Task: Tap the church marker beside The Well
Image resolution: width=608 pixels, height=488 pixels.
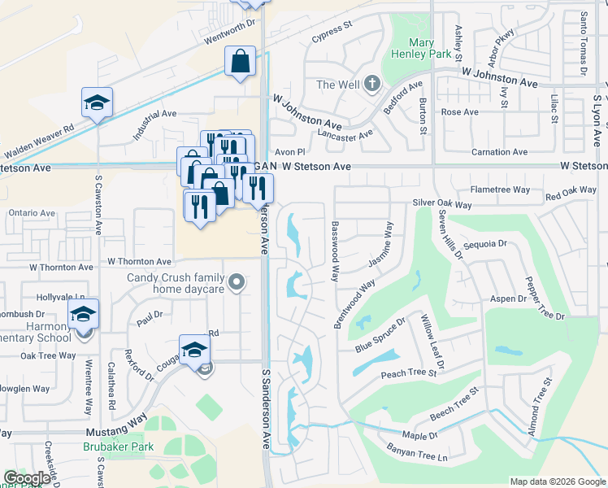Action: coord(372,84)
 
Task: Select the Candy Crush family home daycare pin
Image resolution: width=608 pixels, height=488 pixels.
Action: coord(237,282)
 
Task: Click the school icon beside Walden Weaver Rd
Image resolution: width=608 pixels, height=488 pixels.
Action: coord(97,102)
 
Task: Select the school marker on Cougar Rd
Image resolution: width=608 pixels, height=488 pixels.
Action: coord(194,351)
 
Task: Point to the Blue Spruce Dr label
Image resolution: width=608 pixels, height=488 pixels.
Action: coord(380,335)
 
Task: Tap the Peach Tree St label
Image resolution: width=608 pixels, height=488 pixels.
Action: coord(409,373)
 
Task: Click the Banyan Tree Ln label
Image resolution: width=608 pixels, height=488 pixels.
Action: coord(419,459)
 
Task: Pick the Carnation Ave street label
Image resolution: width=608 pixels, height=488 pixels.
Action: coord(499,152)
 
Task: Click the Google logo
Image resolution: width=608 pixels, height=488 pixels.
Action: coord(27,478)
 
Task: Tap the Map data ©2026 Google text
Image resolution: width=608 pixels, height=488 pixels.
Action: coord(557,481)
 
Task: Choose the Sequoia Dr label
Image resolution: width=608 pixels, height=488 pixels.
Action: coord(484,243)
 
